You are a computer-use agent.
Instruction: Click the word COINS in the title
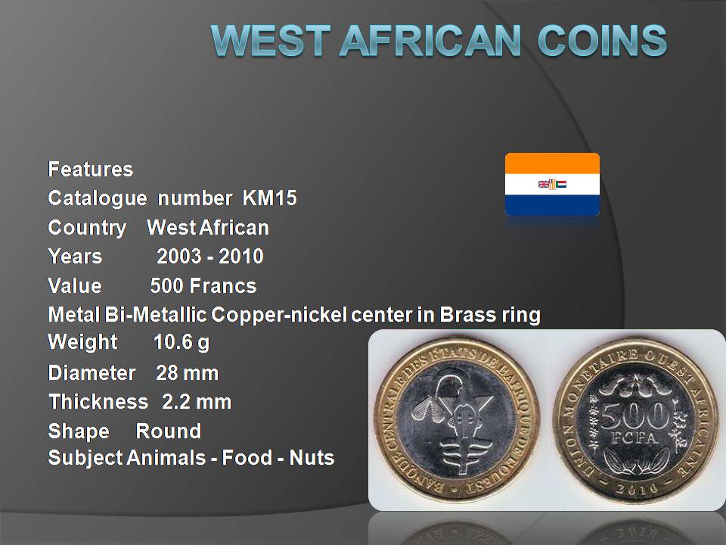coord(602,40)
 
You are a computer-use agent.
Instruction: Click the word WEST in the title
coord(271,40)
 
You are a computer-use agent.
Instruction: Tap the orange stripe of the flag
coord(552,163)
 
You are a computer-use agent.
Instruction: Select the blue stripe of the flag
coord(552,205)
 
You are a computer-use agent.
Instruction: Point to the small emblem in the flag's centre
coord(552,184)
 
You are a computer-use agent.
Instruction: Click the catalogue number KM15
coord(269,198)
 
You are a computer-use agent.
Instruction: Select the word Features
coord(91,169)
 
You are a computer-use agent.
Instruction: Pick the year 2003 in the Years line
coord(179,257)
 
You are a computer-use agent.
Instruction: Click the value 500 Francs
coord(203,285)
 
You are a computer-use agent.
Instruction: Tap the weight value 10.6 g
coord(181,342)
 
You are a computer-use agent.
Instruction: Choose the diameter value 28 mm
coord(187,373)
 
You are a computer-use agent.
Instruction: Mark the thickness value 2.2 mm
coord(197,402)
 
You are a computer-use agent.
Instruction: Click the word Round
coord(169,431)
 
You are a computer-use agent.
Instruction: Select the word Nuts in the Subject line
coord(312,458)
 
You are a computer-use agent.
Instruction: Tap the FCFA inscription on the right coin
coord(634,438)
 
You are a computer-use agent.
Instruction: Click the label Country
coord(87,228)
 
